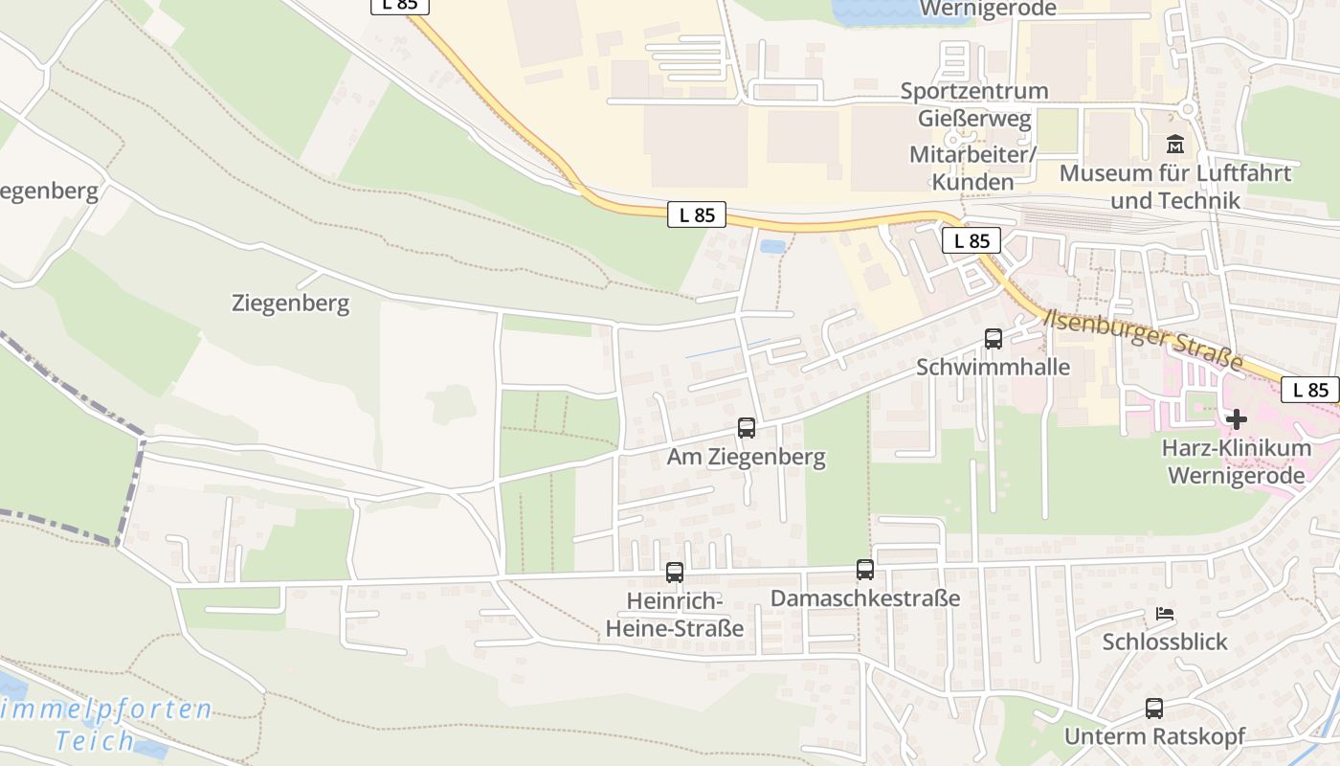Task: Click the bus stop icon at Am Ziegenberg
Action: tap(747, 428)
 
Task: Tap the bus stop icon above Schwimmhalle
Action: tap(994, 338)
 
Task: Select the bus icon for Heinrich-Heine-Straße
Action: tap(675, 573)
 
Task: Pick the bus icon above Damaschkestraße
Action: tap(865, 570)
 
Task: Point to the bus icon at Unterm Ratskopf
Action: tap(1154, 709)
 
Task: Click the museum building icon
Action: tap(1174, 146)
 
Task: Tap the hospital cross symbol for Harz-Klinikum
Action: tap(1237, 419)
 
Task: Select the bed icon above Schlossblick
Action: tap(1165, 614)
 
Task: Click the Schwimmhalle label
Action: tap(993, 367)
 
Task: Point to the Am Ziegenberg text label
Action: tap(747, 457)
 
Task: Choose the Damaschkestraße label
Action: tap(865, 598)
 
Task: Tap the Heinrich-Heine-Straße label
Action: tap(675, 615)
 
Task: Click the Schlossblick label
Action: tap(1165, 641)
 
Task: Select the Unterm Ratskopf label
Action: tap(1154, 736)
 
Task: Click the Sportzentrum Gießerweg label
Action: tap(974, 104)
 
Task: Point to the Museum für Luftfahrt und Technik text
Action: tap(1175, 187)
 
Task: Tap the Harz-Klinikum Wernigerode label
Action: tap(1237, 462)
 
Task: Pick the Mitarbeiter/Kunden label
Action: tap(973, 168)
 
